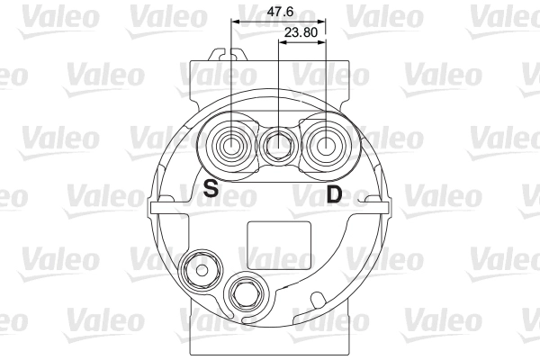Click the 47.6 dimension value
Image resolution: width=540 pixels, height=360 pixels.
tap(280, 12)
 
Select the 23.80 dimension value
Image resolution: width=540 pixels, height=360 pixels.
tap(301, 32)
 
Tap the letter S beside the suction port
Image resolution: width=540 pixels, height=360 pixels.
tap(211, 188)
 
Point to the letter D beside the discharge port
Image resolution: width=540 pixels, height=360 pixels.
tap(334, 193)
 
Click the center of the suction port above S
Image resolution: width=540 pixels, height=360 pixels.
tap(231, 147)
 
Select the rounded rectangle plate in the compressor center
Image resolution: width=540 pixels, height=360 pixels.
tap(279, 246)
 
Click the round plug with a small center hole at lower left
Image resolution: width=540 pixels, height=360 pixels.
tap(200, 269)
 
